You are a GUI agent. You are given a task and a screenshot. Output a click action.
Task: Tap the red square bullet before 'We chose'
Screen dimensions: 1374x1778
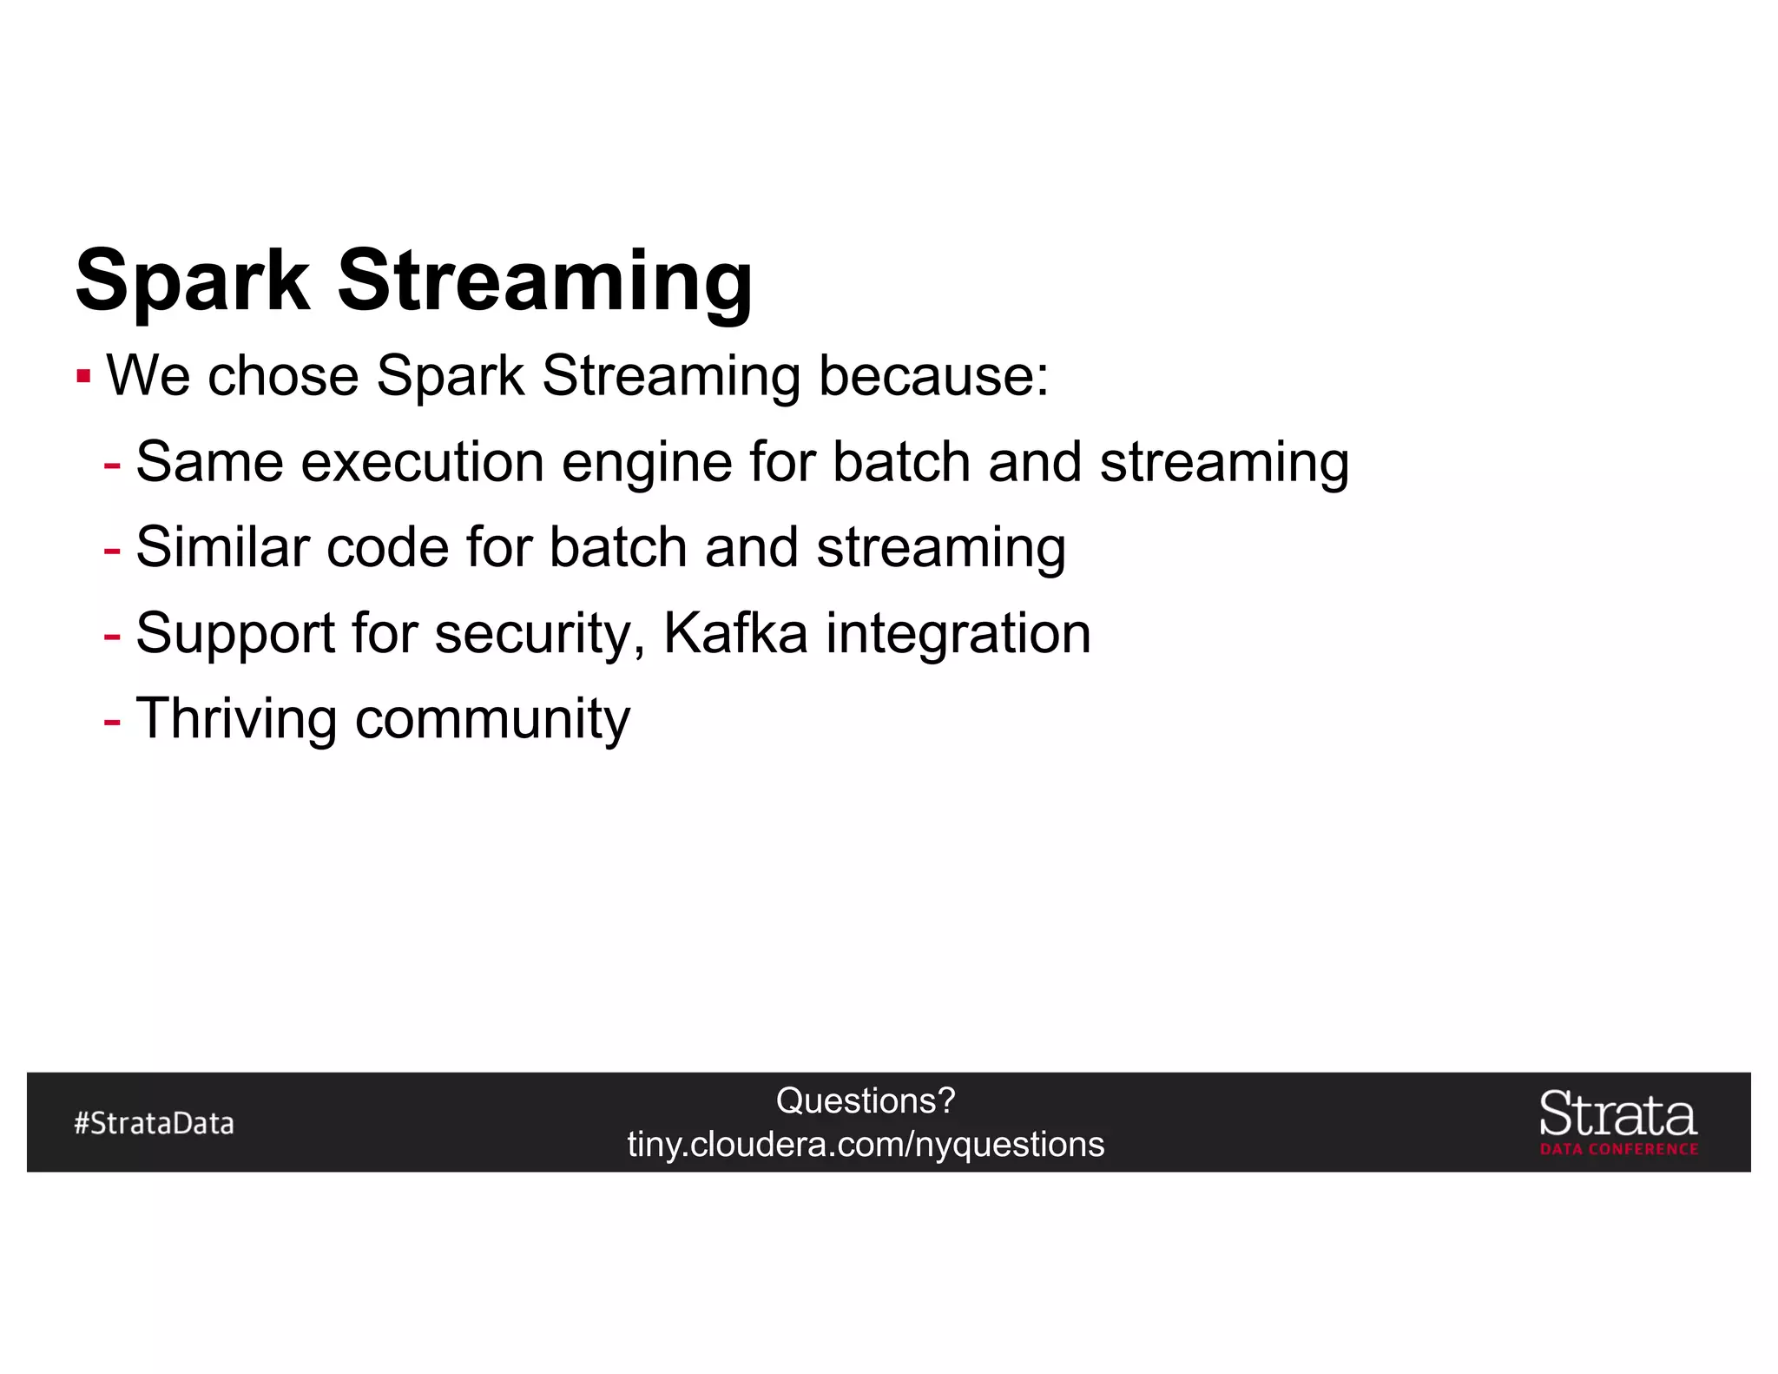point(83,377)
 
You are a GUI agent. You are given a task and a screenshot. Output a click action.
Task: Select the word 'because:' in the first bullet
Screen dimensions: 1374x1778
point(933,376)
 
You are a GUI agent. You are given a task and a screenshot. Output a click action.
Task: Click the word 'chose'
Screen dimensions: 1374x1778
point(283,376)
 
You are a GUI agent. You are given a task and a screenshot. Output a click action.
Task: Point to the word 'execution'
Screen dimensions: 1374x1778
point(422,462)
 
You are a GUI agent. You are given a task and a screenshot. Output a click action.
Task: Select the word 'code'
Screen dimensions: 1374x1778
point(386,547)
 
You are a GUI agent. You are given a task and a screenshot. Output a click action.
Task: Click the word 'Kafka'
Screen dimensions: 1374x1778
point(735,633)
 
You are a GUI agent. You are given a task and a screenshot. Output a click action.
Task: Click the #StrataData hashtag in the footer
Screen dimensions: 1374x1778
point(154,1123)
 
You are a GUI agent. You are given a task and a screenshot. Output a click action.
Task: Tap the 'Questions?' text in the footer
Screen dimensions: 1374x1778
point(866,1101)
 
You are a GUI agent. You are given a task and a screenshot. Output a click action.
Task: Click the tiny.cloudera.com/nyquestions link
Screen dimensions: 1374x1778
point(866,1145)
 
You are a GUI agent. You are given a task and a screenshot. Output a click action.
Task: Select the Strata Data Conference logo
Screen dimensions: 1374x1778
point(1618,1122)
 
